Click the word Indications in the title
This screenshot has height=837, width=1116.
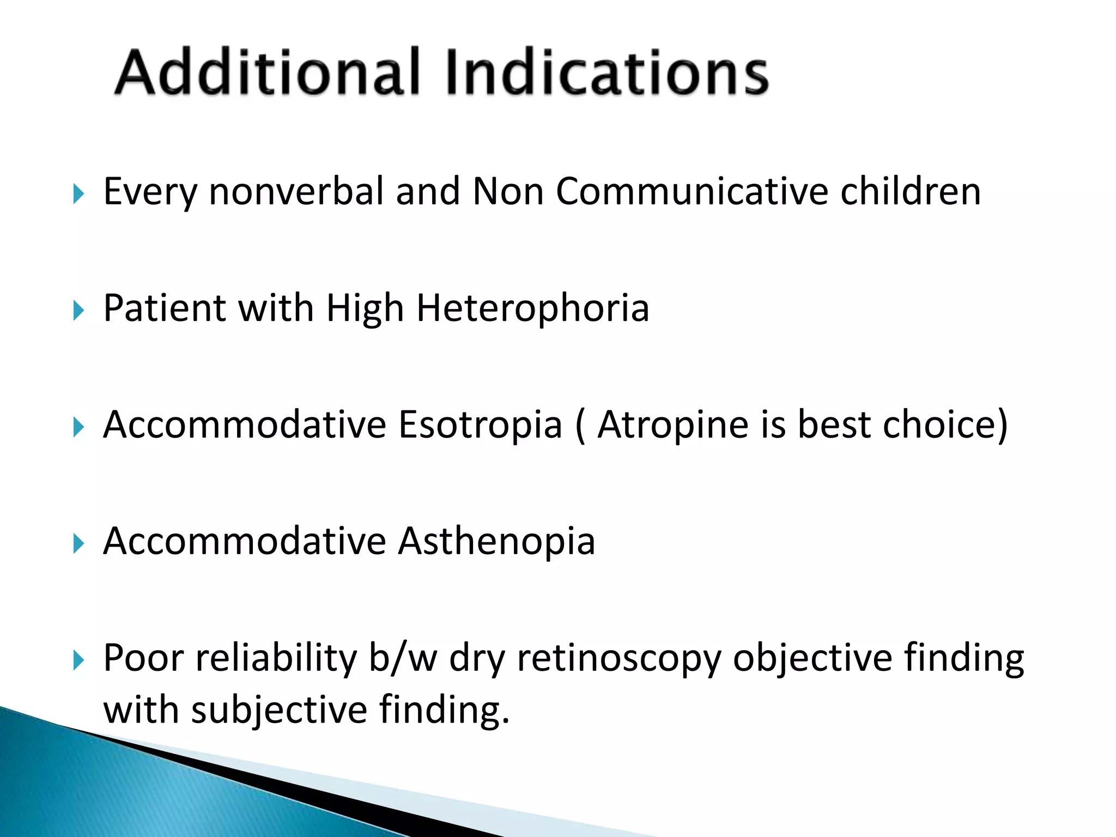click(x=606, y=72)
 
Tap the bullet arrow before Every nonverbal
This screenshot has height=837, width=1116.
click(x=79, y=194)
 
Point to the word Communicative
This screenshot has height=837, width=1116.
click(x=692, y=191)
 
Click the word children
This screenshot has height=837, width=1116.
click(x=910, y=191)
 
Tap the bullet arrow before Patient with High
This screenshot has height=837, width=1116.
click(x=79, y=311)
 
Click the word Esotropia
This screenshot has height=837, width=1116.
click(x=480, y=425)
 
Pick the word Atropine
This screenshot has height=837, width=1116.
click(x=672, y=425)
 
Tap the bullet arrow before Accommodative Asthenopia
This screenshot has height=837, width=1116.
click(x=79, y=544)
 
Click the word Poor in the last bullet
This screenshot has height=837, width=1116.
click(x=143, y=658)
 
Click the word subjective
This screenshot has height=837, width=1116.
click(x=279, y=711)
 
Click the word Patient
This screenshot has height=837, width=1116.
click(x=164, y=308)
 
